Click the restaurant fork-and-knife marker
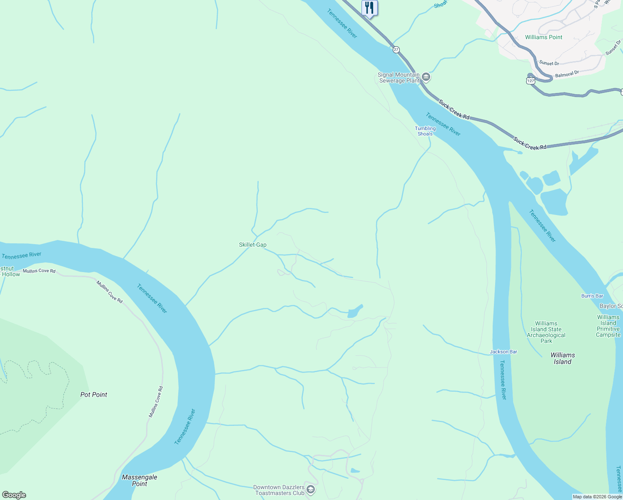pos(369,8)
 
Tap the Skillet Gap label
pos(252,245)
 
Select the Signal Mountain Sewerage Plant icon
pos(426,77)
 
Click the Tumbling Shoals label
pos(425,131)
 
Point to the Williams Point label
pos(543,37)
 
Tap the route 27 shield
pos(396,50)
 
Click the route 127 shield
pos(530,80)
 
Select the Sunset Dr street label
pos(549,63)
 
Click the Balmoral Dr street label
pos(567,75)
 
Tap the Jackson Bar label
pos(503,352)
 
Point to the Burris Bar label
pos(592,296)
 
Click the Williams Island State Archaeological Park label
pos(546,332)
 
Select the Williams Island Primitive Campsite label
pos(608,326)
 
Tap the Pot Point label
pos(94,395)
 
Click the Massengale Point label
pos(140,480)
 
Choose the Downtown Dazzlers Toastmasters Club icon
pos(310,489)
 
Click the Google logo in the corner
pos(14,495)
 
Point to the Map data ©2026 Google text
pos(597,497)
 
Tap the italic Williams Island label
pos(562,358)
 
